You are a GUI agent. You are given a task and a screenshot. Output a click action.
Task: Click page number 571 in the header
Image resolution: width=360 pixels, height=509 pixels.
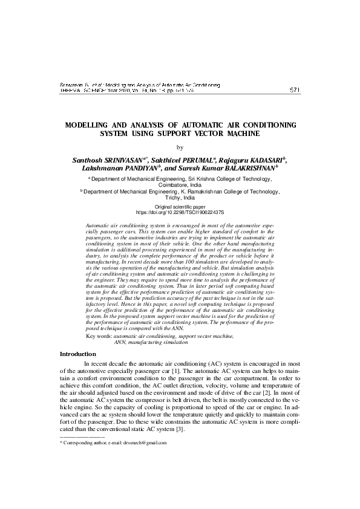coord(295,90)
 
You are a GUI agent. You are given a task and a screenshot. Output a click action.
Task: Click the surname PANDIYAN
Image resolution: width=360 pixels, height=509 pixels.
coord(136,168)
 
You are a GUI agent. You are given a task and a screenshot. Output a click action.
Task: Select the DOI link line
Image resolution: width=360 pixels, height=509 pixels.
coord(180,213)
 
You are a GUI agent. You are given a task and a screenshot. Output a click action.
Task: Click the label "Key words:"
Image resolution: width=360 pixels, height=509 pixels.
coord(100,336)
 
